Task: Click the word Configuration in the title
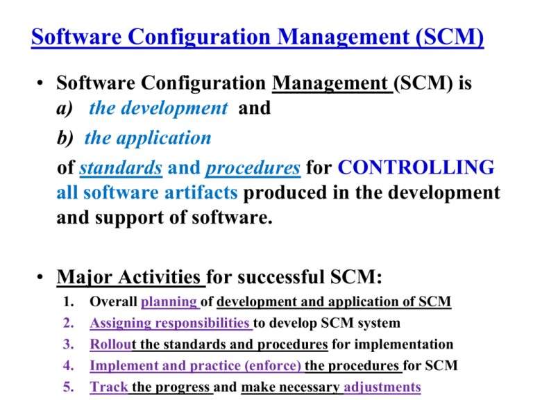(202, 35)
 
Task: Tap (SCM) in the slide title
(443, 35)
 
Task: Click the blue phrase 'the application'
(147, 137)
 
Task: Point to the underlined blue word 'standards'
(121, 168)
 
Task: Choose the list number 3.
(68, 344)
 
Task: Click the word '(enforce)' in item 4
(273, 365)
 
